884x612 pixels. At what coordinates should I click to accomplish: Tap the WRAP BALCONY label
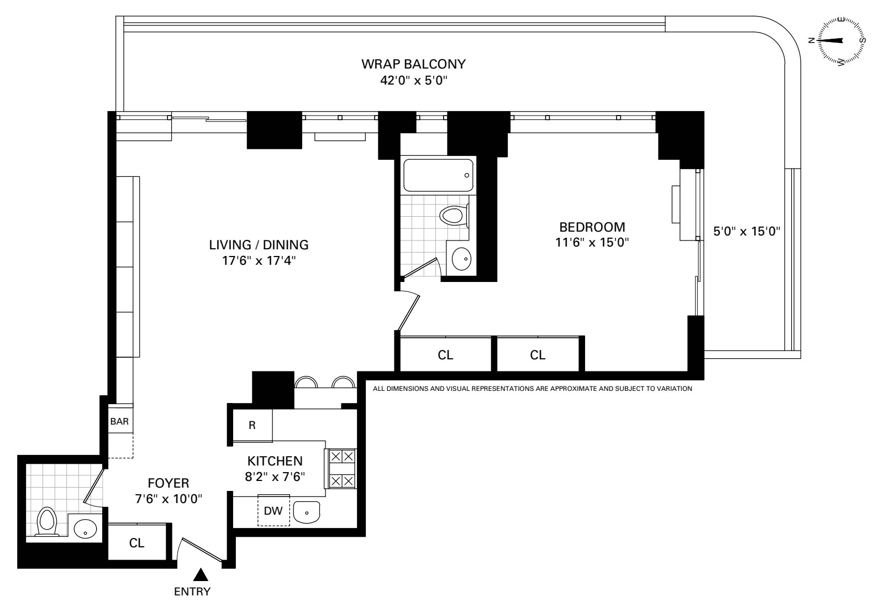tap(413, 64)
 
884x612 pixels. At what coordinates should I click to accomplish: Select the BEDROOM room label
tap(592, 227)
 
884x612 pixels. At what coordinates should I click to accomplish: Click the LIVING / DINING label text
tap(259, 244)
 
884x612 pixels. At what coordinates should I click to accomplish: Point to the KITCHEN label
tap(275, 461)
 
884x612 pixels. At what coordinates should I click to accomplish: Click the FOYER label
tap(168, 483)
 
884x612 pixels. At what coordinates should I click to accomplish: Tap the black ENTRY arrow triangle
tap(201, 575)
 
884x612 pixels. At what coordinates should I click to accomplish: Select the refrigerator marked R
tap(252, 425)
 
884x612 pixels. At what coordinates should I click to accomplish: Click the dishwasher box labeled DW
tap(273, 510)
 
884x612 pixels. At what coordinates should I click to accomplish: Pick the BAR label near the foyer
tap(119, 421)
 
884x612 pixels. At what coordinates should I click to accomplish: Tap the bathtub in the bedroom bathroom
tap(438, 175)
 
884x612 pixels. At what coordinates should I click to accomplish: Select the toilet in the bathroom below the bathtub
tap(455, 216)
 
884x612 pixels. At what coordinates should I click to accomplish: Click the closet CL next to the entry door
tap(137, 543)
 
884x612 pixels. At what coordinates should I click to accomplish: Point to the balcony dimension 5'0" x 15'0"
tap(746, 231)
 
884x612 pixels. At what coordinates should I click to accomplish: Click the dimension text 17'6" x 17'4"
tap(259, 260)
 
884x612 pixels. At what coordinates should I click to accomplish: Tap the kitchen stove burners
tap(341, 468)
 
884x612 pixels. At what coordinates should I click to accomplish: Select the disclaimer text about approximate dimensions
tap(532, 389)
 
